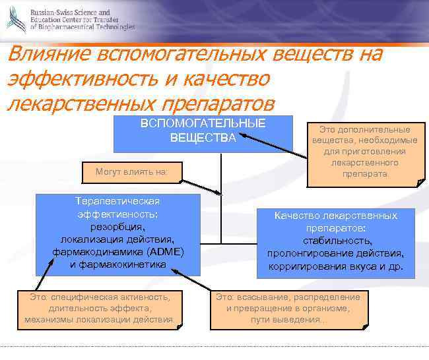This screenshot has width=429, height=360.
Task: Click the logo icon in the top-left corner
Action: pyautogui.click(x=16, y=20)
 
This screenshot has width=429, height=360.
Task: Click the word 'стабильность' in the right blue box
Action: pyautogui.click(x=335, y=241)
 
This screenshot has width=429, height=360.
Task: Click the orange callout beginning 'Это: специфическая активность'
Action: pyautogui.click(x=100, y=308)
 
